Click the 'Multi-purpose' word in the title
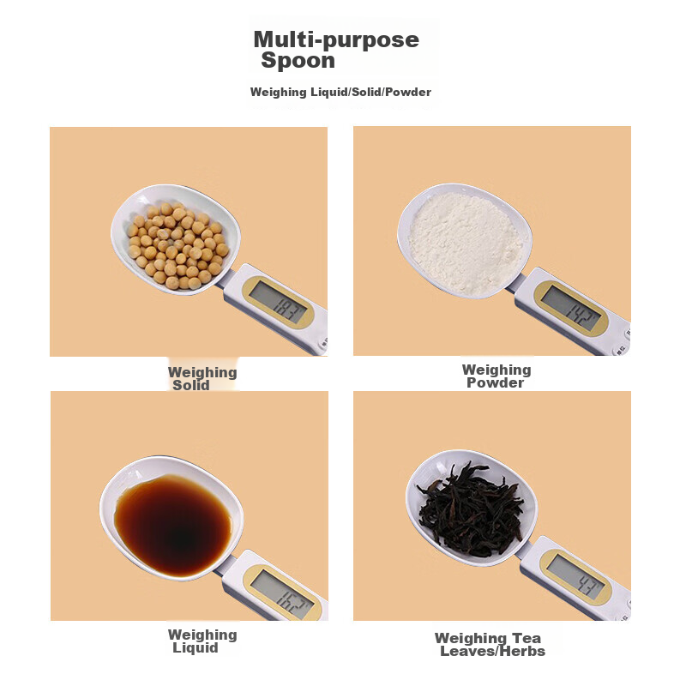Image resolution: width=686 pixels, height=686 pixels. [336, 40]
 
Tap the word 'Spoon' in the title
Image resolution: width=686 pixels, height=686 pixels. [298, 60]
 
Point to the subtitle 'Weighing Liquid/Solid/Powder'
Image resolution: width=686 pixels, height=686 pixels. [340, 92]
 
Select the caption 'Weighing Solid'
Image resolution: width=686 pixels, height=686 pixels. [202, 378]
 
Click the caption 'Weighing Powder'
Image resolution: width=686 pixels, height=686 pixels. [496, 376]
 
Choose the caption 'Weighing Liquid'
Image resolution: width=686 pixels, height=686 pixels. [202, 641]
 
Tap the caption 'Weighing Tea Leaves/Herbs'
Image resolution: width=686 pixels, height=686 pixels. [490, 645]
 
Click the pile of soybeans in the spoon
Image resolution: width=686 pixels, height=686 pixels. [178, 245]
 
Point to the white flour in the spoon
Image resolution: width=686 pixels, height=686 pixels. [465, 243]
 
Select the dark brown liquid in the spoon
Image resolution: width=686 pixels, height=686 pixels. [173, 526]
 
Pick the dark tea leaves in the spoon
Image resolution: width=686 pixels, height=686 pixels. [471, 509]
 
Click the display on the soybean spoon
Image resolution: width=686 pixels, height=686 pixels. [279, 303]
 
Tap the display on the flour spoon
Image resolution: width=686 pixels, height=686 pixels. [570, 308]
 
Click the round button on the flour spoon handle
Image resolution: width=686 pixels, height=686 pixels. [621, 350]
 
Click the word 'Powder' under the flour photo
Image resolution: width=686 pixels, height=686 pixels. [495, 382]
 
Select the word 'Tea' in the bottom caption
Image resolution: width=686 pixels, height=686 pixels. [527, 638]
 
